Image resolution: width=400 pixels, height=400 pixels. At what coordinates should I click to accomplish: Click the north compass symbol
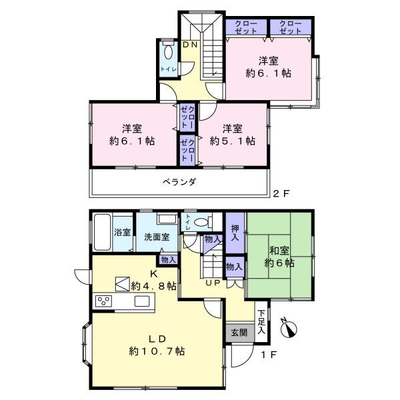coord(289,328)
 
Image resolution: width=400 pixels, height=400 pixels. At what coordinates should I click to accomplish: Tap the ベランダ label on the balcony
coord(179,182)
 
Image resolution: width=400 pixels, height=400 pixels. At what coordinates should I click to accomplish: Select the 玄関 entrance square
coord(240,332)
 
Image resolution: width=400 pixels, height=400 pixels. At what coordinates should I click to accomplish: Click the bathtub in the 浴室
coord(102,232)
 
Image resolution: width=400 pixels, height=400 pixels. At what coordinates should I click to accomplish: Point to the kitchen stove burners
coord(103,301)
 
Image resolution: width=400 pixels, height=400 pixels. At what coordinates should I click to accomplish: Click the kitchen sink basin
coord(142,301)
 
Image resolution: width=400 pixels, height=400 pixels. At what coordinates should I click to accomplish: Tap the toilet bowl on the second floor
coord(168,53)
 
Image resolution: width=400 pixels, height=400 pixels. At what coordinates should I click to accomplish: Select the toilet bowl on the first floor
coord(201,222)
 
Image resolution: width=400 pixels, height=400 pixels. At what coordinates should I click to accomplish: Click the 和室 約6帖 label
coord(279,257)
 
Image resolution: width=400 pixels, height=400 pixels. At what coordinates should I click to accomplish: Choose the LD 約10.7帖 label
coord(157,345)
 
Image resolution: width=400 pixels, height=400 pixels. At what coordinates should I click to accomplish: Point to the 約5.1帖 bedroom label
coord(233,135)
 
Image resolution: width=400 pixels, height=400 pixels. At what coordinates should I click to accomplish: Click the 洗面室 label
coord(157,237)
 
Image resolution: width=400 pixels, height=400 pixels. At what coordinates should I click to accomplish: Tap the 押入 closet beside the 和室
coord(235,233)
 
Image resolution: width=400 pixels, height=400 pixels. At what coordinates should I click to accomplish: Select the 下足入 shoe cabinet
coord(261,321)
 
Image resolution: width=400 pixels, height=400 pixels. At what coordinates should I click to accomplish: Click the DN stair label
coord(190,45)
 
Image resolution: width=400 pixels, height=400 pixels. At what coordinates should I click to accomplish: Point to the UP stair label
coord(213,283)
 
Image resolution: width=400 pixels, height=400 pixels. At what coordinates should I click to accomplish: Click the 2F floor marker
coord(281,193)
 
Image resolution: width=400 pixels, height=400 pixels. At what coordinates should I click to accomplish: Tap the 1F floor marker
coord(269,355)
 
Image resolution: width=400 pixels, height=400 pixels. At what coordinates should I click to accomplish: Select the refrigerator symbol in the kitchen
coord(123,284)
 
